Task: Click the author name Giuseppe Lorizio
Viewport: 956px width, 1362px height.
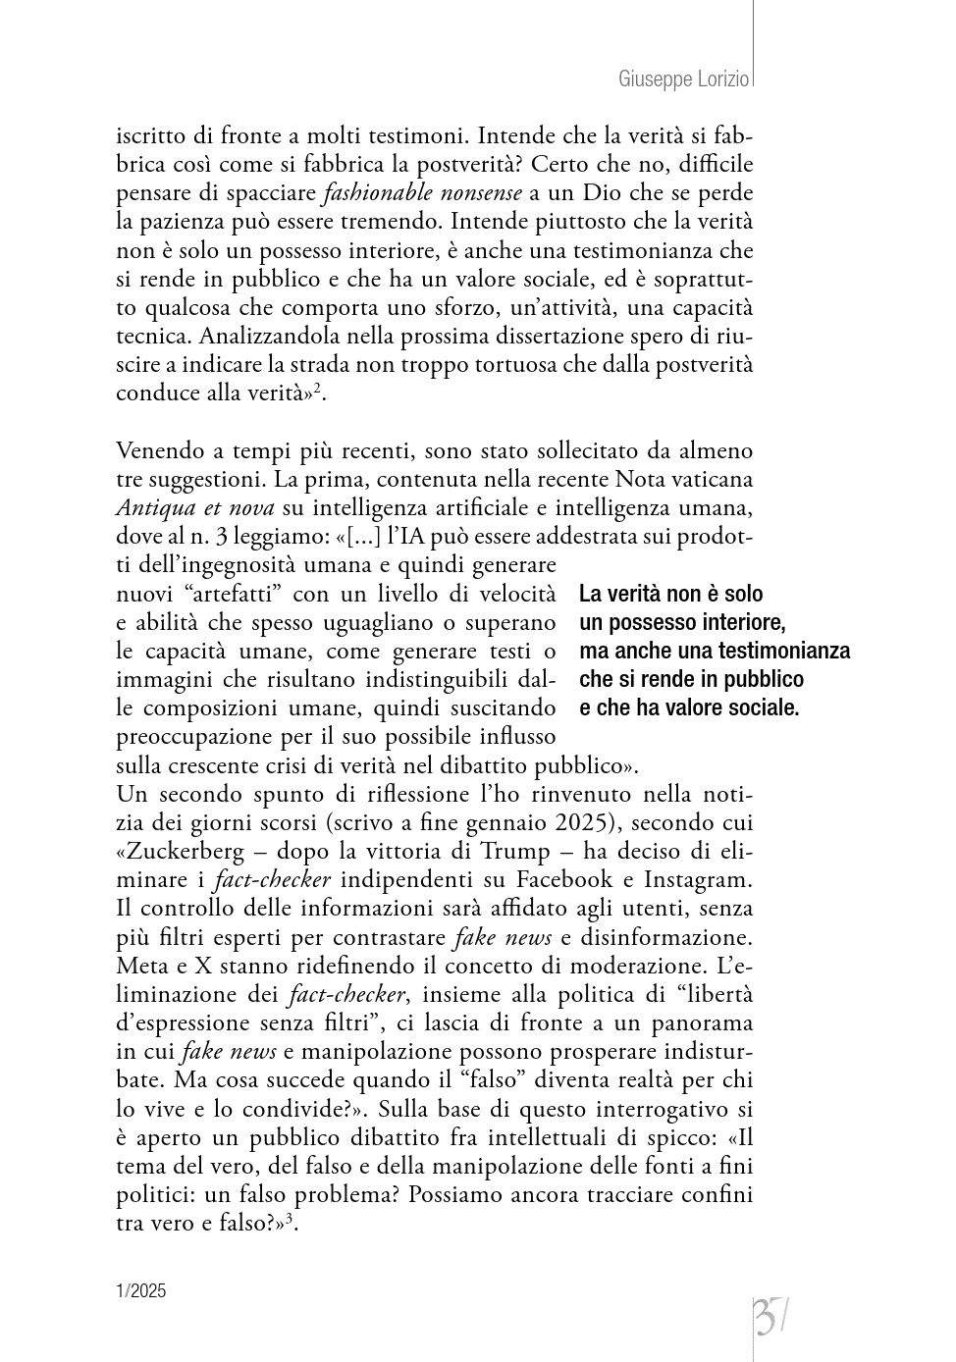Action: point(684,79)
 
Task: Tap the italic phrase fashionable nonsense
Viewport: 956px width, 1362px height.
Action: point(422,192)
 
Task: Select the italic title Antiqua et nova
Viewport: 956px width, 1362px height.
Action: point(194,508)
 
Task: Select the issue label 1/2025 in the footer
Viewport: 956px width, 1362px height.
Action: point(141,1291)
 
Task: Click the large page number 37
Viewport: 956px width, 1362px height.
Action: point(771,1316)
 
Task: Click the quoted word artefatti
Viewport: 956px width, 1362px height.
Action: point(224,594)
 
